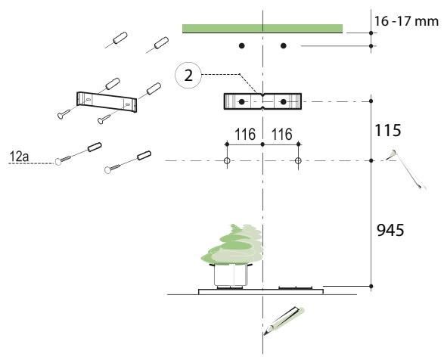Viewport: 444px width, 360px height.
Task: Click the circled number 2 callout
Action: pyautogui.click(x=188, y=76)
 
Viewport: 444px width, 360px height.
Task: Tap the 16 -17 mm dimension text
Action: pyautogui.click(x=406, y=21)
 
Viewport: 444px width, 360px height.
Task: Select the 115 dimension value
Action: pyautogui.click(x=388, y=130)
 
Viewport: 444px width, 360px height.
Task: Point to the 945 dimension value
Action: pyautogui.click(x=390, y=230)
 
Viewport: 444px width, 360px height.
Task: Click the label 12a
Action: pyautogui.click(x=19, y=157)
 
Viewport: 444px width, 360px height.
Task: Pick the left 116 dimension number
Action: pyautogui.click(x=245, y=135)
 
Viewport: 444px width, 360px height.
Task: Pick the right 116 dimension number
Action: pyautogui.click(x=281, y=135)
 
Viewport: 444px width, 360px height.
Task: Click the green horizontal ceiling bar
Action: pyautogui.click(x=262, y=29)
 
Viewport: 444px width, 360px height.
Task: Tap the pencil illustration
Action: pyautogui.click(x=283, y=321)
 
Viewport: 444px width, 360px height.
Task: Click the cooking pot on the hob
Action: pyautogui.click(x=231, y=275)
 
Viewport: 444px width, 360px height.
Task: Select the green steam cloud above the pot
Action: pyautogui.click(x=232, y=244)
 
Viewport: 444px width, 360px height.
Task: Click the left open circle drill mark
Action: pyautogui.click(x=227, y=161)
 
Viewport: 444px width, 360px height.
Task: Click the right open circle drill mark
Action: pyautogui.click(x=298, y=161)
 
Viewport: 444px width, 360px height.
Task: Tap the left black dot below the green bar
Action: pyautogui.click(x=241, y=45)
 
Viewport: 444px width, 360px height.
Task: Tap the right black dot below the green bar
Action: pyautogui.click(x=284, y=45)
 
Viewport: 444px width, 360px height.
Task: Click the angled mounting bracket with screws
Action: pyautogui.click(x=107, y=102)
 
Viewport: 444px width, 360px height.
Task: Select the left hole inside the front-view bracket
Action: pyautogui.click(x=241, y=101)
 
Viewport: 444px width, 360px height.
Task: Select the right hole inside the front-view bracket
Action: pyautogui.click(x=284, y=101)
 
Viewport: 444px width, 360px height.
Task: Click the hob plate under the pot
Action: pyautogui.click(x=261, y=291)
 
